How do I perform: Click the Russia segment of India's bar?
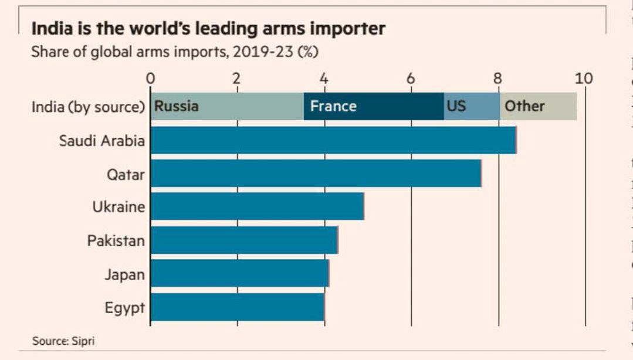(x=227, y=106)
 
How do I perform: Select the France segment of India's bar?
(x=374, y=106)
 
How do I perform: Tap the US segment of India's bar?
(x=472, y=106)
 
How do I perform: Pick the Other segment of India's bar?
(x=538, y=106)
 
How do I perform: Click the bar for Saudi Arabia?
(x=333, y=140)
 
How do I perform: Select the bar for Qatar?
(x=316, y=174)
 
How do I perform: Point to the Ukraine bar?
(x=257, y=206)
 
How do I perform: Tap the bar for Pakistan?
(x=244, y=240)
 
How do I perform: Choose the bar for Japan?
(x=239, y=274)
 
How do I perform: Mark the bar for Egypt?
(x=237, y=307)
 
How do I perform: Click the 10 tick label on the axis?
(x=584, y=79)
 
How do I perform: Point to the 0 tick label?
(x=150, y=79)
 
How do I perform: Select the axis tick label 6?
(x=411, y=79)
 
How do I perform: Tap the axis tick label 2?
(x=236, y=79)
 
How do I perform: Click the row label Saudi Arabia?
(x=101, y=141)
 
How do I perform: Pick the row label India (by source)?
(x=88, y=107)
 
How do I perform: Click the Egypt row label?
(x=124, y=308)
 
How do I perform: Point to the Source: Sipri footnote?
(x=63, y=341)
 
